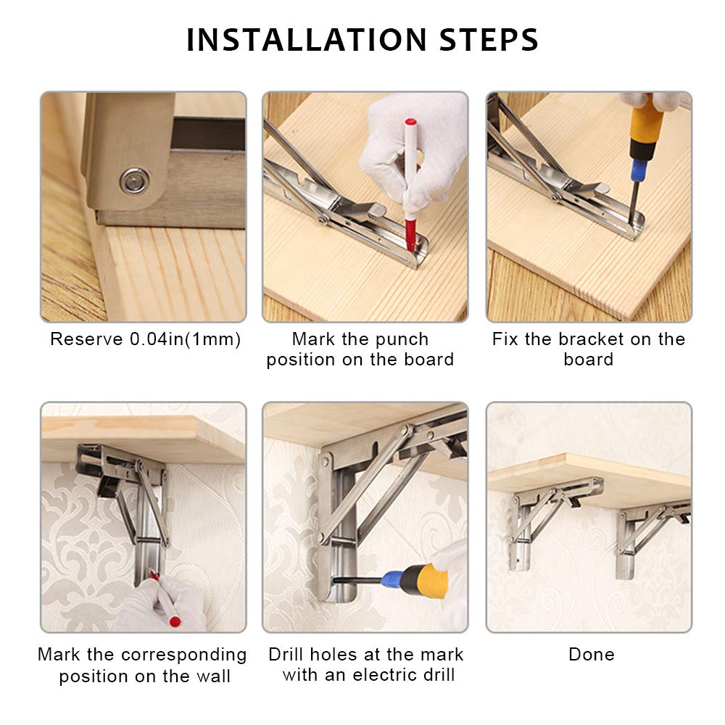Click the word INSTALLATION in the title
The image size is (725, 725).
tap(306, 40)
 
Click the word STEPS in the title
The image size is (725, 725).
tap(489, 40)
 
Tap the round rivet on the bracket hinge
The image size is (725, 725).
tap(135, 181)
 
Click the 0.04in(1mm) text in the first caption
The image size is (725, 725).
tap(185, 339)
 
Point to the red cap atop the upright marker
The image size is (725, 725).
tap(410, 123)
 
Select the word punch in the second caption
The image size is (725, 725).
tap(402, 339)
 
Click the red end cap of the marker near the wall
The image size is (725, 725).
tap(175, 621)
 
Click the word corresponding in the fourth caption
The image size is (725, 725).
tap(183, 655)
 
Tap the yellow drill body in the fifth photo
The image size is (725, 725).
tap(424, 581)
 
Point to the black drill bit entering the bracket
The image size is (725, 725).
tap(357, 580)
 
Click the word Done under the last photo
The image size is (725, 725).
tap(592, 655)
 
